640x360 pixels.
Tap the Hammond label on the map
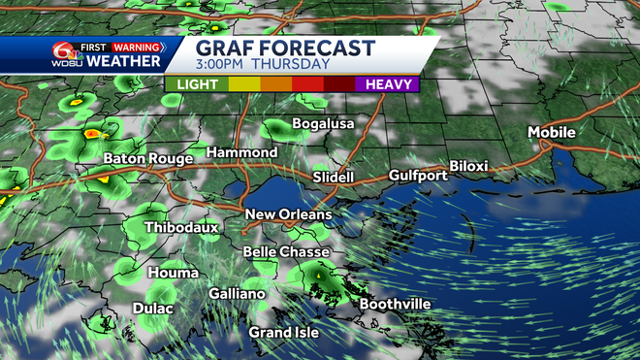(242, 153)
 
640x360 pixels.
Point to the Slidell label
(334, 178)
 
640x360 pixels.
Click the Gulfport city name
(418, 176)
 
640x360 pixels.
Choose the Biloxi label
(468, 167)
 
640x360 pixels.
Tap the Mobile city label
(552, 132)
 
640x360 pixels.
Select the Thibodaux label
(182, 227)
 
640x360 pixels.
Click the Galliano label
(237, 293)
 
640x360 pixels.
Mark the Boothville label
(395, 304)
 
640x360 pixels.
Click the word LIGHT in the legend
(198, 84)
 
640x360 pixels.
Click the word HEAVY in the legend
(387, 84)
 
